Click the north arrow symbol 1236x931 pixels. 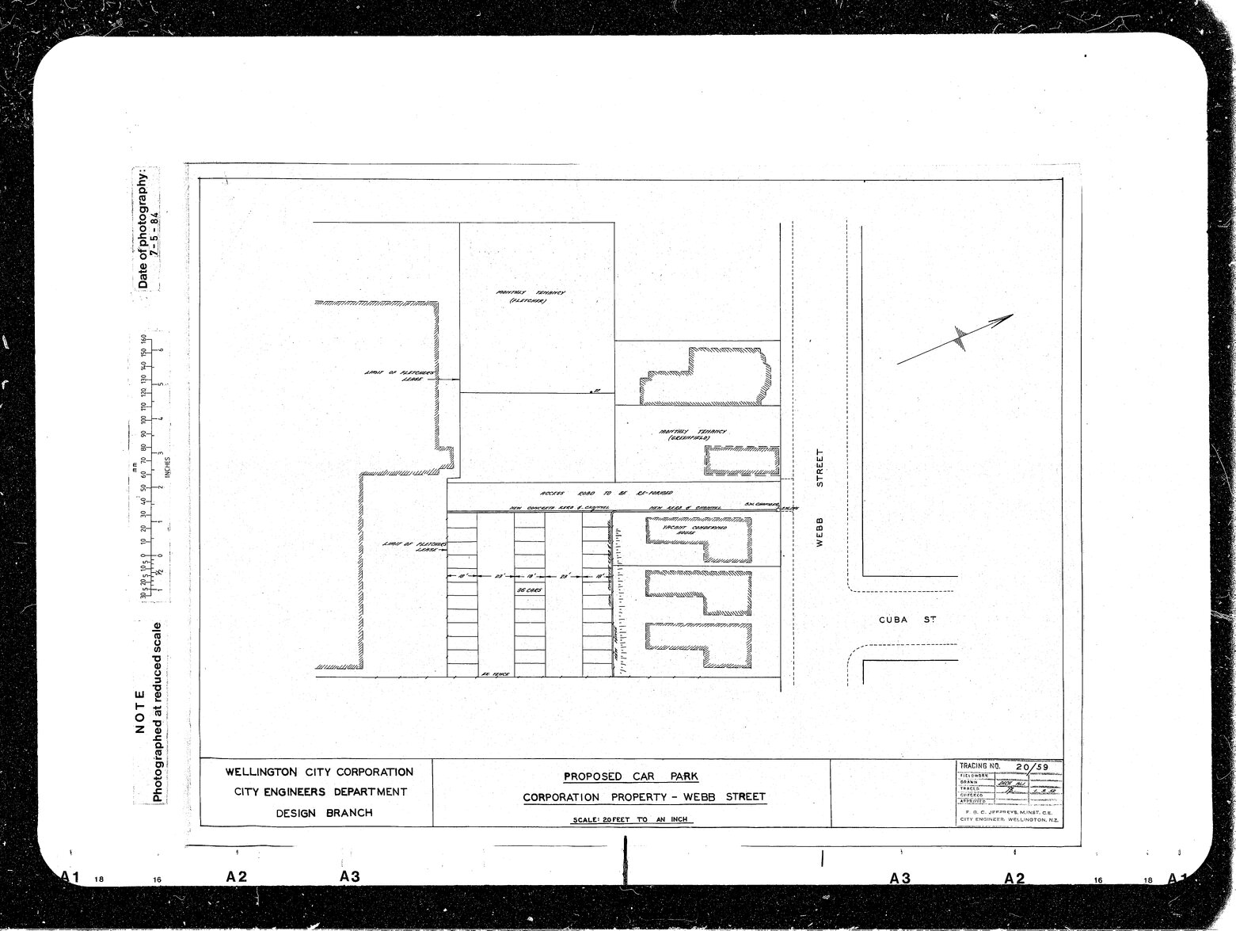pyautogui.click(x=957, y=340)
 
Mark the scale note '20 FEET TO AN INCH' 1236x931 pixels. pyautogui.click(x=633, y=819)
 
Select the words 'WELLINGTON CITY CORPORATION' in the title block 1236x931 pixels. pyautogui.click(x=319, y=772)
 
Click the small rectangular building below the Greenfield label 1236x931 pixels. pyautogui.click(x=742, y=461)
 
